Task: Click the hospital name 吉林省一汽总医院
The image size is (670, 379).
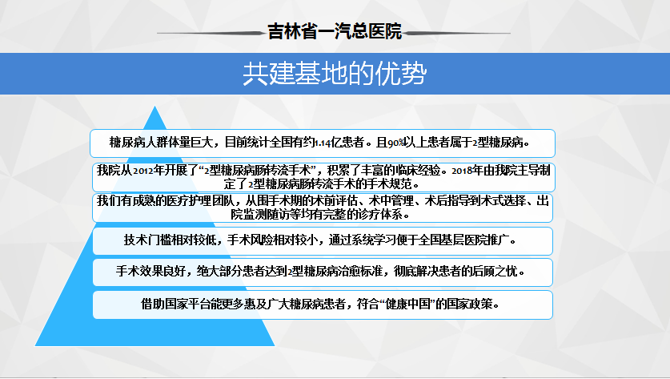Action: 335,32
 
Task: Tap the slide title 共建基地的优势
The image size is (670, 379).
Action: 335,74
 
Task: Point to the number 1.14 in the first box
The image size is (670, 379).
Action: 323,143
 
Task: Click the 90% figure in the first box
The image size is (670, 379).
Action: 395,143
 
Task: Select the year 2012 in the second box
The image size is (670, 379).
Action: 143,171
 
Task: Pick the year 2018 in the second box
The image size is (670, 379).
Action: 462,171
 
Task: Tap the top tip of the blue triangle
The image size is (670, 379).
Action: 154,106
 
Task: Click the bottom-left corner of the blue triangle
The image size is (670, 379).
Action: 35,345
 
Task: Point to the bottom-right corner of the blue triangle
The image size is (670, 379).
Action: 275,345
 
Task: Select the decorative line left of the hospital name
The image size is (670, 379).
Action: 211,33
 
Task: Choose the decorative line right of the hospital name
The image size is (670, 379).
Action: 456,33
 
